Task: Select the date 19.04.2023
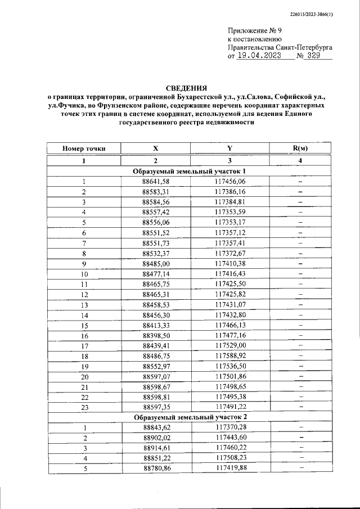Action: (x=259, y=56)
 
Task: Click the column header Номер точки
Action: (x=84, y=149)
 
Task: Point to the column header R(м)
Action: (x=300, y=149)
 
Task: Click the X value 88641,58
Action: (x=156, y=182)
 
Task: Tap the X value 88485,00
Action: (x=156, y=263)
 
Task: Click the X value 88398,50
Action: (x=156, y=335)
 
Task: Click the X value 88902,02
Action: (x=156, y=438)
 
